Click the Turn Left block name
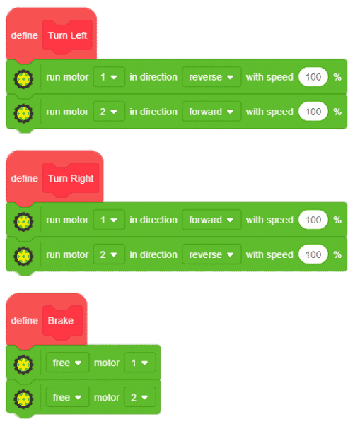tap(67, 35)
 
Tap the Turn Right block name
tap(71, 179)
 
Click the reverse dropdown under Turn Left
tap(211, 77)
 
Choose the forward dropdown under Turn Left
tap(211, 112)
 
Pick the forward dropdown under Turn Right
tap(211, 220)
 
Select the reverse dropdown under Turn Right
tap(211, 254)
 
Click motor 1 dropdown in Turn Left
tap(109, 77)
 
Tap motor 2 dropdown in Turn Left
tap(109, 112)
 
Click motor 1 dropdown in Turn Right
tap(109, 220)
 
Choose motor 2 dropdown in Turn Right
tap(109, 254)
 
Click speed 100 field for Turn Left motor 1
tap(313, 77)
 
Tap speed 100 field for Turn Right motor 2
tap(313, 254)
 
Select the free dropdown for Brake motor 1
tap(67, 363)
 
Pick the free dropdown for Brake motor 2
tap(67, 397)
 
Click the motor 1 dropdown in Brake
tap(140, 363)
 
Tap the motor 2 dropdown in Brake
tap(140, 397)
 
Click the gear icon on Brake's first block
tap(23, 364)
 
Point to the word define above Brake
tap(24, 321)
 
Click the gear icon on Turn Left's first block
tap(23, 79)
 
